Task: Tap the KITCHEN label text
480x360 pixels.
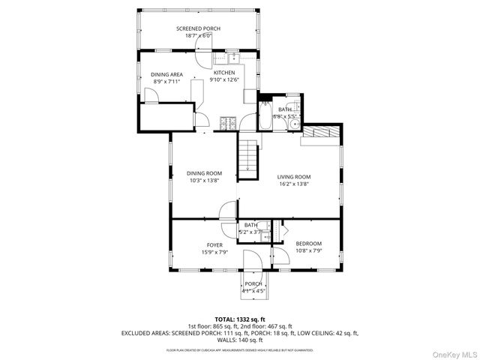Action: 223,73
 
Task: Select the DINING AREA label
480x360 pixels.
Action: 166,74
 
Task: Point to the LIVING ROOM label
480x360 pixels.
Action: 294,177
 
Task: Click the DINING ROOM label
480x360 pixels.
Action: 204,173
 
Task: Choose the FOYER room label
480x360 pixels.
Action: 214,245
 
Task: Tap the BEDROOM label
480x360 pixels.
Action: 308,244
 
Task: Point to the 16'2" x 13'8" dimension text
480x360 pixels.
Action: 294,184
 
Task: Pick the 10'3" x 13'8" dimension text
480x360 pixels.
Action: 204,181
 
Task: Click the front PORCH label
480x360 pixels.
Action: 253,283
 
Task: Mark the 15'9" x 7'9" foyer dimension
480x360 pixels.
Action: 214,253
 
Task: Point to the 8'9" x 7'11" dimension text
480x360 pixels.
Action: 166,81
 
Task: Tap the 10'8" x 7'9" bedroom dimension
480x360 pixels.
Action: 308,251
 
